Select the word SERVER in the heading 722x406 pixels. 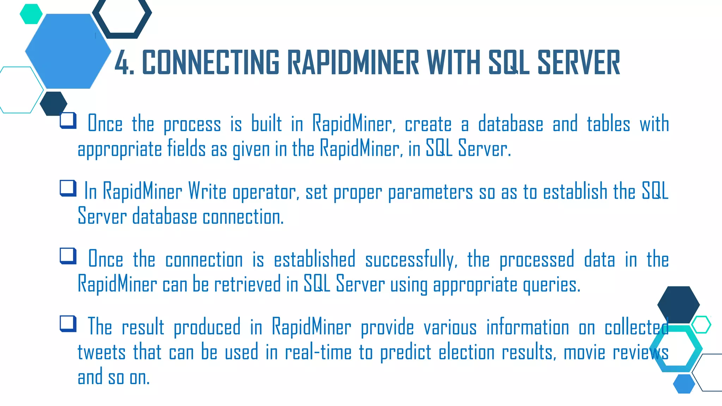pyautogui.click(x=578, y=63)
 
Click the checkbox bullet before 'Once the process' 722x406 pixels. pyautogui.click(x=68, y=120)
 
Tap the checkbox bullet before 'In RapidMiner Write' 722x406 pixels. pyautogui.click(x=68, y=188)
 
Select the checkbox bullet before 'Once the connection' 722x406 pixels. pyautogui.click(x=68, y=256)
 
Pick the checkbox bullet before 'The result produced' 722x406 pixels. pyautogui.click(x=68, y=324)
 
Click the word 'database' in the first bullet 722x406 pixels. pyautogui.click(x=510, y=124)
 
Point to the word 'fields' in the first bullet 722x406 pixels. pyautogui.click(x=186, y=148)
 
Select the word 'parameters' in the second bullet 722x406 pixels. pyautogui.click(x=430, y=192)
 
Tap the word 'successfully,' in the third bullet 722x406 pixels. pyautogui.click(x=411, y=259)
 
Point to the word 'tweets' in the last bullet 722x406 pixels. pyautogui.click(x=102, y=352)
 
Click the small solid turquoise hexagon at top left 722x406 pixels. pyautogui.click(x=31, y=14)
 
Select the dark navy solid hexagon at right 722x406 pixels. pyautogui.click(x=678, y=304)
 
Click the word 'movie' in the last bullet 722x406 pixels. pyautogui.click(x=584, y=352)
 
